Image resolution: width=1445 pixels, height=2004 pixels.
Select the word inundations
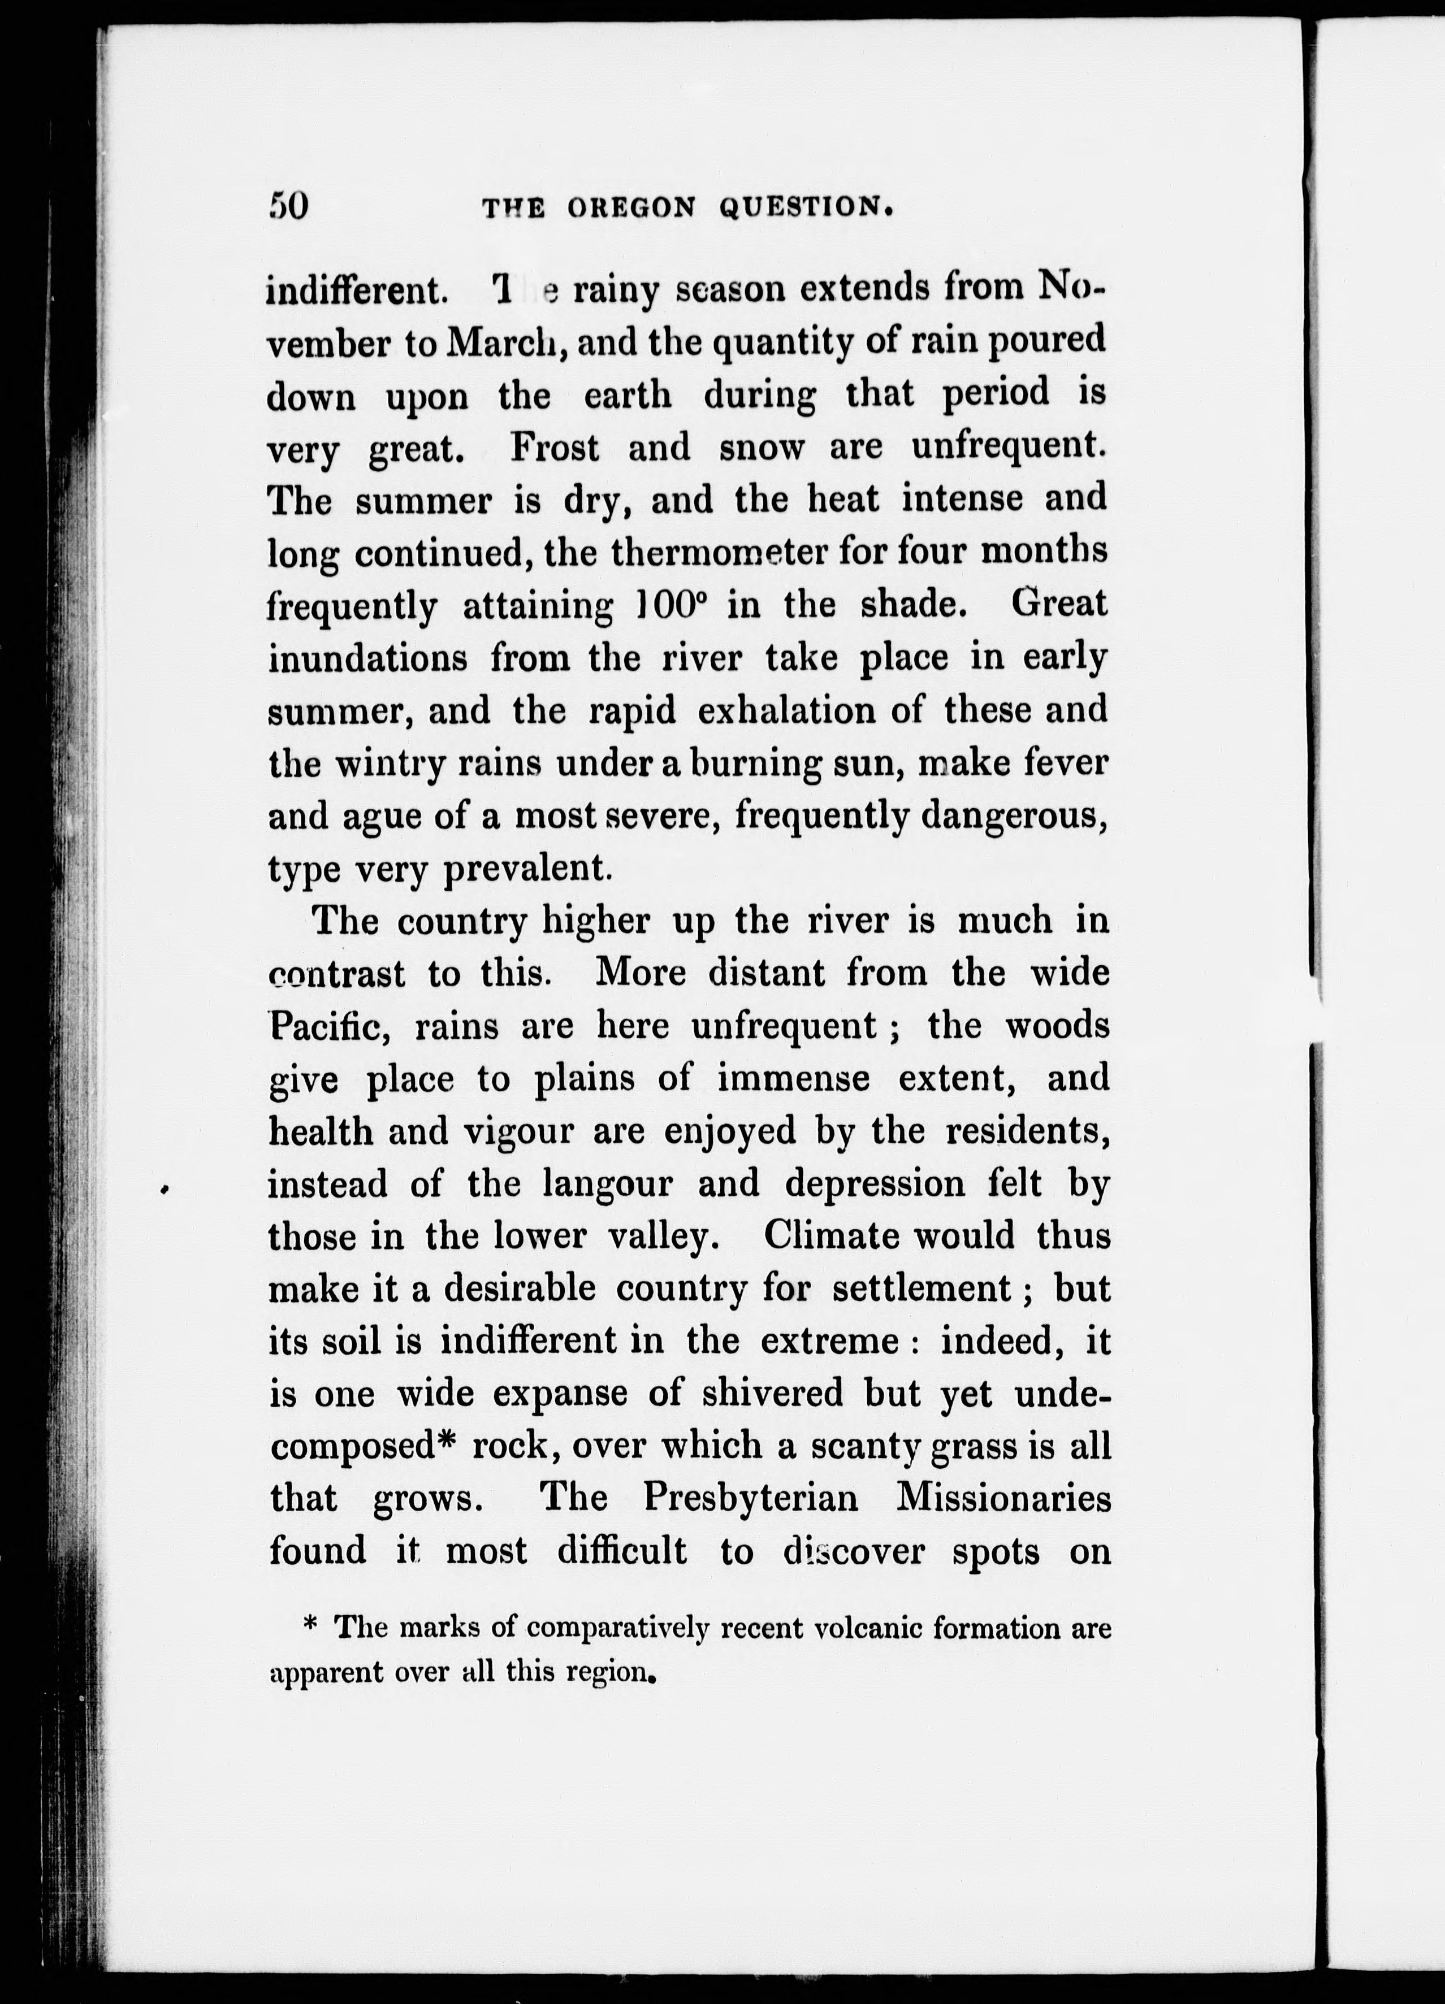point(367,659)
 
